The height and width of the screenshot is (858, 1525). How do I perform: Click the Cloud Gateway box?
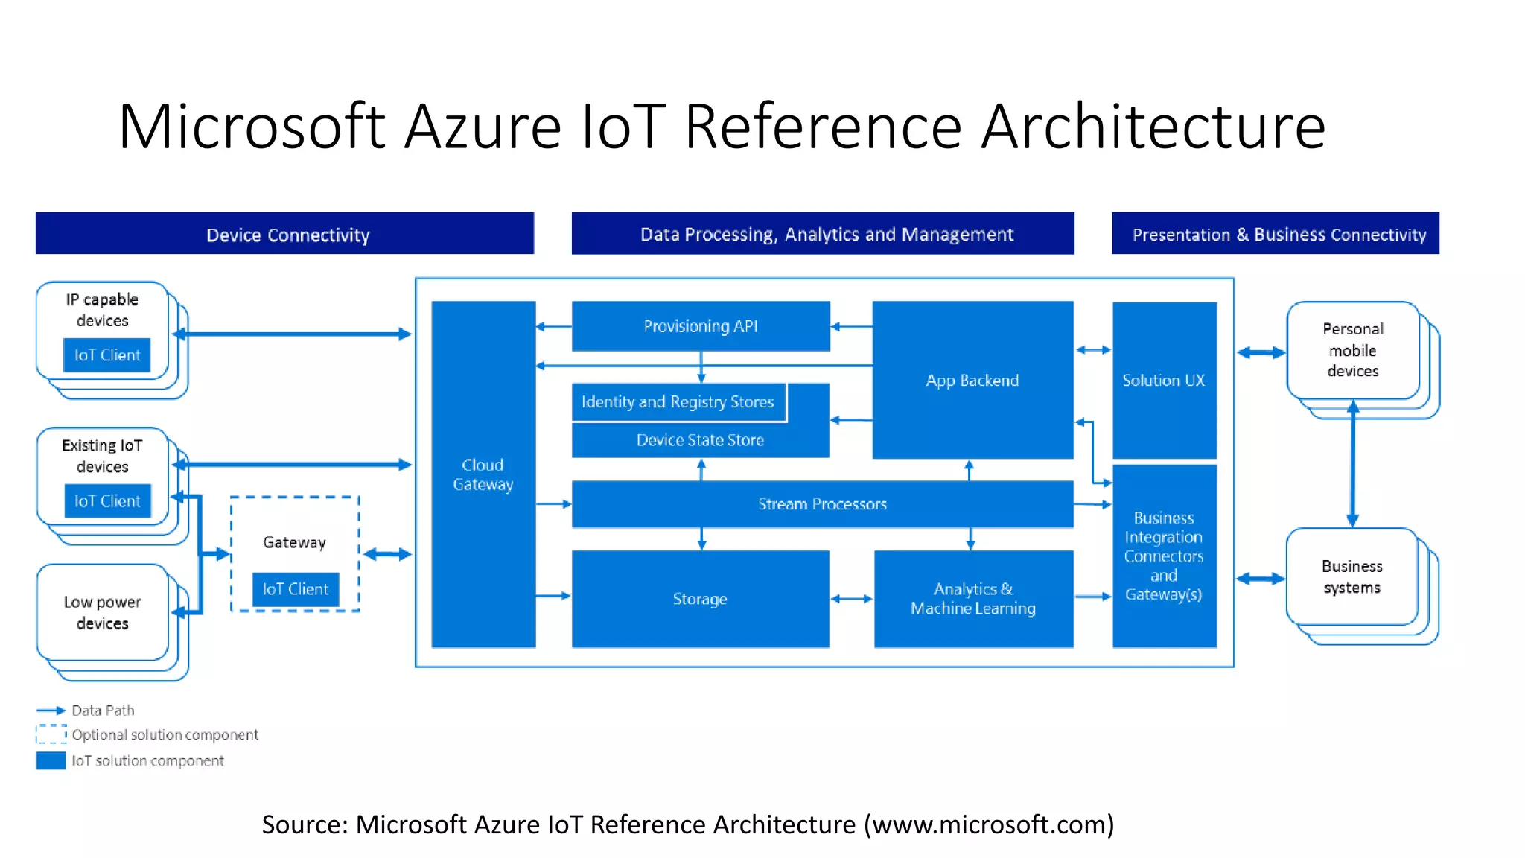pos(483,474)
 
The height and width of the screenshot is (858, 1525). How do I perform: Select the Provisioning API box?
pos(700,326)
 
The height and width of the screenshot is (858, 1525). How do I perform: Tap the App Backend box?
pos(972,380)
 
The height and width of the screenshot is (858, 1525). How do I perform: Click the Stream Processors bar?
pos(822,504)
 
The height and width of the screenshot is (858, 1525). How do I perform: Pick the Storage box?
pos(700,599)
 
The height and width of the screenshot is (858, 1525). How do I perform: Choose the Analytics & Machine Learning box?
pos(973,599)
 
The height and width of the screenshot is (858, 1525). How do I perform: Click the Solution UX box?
pos(1164,380)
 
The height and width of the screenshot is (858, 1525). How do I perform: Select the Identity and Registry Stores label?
pos(678,402)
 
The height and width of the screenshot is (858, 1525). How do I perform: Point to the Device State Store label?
pos(700,440)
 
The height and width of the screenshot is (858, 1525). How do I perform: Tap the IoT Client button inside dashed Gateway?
pos(295,589)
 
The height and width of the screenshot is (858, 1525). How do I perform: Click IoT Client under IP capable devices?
pos(106,355)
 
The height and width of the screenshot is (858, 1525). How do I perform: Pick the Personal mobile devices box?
pos(1352,350)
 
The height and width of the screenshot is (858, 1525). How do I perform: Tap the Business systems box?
pos(1352,576)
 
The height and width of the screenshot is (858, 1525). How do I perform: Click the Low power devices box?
pos(102,612)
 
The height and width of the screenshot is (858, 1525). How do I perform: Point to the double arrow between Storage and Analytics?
pos(851,599)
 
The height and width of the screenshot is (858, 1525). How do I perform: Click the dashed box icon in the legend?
pos(51,734)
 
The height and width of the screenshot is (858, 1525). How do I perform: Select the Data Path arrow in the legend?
pos(51,711)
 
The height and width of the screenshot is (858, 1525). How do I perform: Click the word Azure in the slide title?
pos(483,127)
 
